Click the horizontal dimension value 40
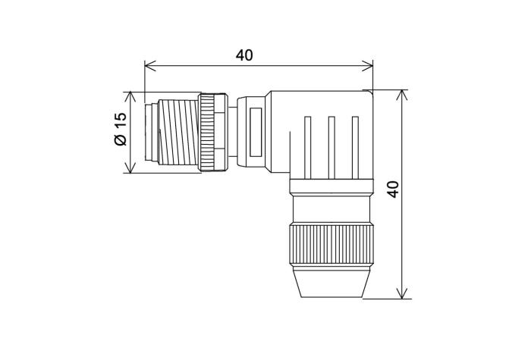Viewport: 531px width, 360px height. pyautogui.click(x=244, y=55)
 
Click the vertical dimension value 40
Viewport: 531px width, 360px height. pyautogui.click(x=392, y=189)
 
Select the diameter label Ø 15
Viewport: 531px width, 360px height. pyautogui.click(x=119, y=131)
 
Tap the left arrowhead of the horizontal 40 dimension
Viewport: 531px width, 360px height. pyautogui.click(x=149, y=65)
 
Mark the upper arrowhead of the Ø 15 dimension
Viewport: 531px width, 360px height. pyautogui.click(x=131, y=96)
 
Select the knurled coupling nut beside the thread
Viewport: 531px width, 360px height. pyautogui.click(x=212, y=132)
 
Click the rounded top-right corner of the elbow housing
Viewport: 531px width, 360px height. pyautogui.click(x=369, y=94)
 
